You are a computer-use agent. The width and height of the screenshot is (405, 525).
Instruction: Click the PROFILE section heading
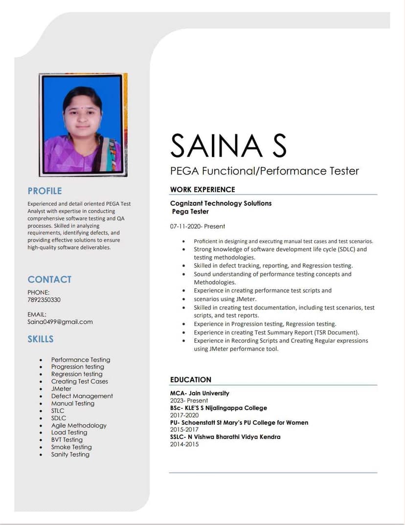click(45, 191)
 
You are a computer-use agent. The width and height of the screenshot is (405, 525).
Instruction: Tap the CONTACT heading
click(49, 280)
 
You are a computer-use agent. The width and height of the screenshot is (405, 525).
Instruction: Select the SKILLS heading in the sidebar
click(41, 339)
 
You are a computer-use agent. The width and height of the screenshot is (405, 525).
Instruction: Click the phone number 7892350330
click(44, 300)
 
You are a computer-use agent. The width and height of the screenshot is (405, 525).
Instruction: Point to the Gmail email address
click(60, 322)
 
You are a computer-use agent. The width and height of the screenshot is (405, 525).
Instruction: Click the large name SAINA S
click(228, 145)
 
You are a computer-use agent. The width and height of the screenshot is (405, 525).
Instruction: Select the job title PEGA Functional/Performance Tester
click(264, 171)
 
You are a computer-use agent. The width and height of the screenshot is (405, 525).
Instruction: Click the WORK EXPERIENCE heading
click(202, 190)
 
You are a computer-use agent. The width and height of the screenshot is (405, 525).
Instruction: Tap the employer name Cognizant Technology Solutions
click(221, 203)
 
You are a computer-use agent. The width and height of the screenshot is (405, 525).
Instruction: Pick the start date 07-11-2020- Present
click(198, 226)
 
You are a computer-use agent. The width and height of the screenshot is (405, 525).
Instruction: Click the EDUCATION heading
click(191, 380)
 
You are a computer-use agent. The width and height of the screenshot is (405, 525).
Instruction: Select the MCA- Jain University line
click(200, 393)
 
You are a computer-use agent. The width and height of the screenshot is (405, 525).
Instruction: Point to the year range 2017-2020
click(184, 415)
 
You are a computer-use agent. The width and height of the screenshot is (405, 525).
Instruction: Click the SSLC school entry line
click(225, 437)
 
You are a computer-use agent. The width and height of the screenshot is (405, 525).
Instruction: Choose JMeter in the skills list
click(61, 389)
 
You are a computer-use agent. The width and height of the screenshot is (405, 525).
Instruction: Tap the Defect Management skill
click(82, 396)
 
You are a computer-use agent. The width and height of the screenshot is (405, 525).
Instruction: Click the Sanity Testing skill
click(70, 454)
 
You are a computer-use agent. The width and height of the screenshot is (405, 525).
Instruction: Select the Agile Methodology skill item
click(79, 426)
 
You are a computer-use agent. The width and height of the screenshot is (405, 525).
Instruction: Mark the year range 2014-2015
click(184, 444)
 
